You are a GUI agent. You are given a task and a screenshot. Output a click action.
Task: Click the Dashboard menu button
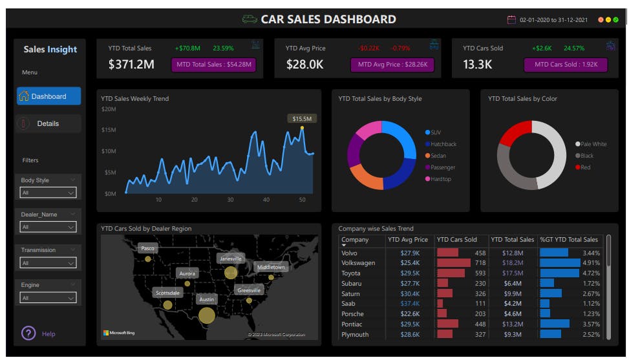(48, 96)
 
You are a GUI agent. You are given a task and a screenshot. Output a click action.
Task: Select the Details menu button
(48, 123)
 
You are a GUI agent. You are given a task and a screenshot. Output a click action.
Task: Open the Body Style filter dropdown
(48, 193)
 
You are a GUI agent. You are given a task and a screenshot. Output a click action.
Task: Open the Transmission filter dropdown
(48, 262)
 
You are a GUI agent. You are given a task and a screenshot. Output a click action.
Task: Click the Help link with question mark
(39, 334)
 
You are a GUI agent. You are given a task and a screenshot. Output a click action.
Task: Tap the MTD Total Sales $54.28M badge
(213, 65)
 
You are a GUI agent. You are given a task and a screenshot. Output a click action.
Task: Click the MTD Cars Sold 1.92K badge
(566, 65)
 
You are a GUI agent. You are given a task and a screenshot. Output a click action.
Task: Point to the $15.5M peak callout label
(302, 118)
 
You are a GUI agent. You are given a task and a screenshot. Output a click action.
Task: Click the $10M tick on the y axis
(109, 151)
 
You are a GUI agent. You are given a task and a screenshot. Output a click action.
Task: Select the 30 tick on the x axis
(230, 200)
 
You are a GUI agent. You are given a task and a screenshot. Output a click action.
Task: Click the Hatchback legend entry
(443, 144)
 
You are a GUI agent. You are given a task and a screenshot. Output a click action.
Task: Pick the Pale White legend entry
(593, 144)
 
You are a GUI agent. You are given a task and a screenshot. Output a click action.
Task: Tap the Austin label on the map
(206, 299)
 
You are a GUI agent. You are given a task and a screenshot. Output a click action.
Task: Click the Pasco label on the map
(147, 248)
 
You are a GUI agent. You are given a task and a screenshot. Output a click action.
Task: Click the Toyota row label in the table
(351, 273)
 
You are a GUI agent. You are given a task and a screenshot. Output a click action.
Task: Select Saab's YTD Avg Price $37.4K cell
(410, 304)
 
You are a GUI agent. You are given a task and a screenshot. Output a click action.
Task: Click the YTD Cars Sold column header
(457, 240)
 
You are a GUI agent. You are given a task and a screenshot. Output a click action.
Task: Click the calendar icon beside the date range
(511, 20)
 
